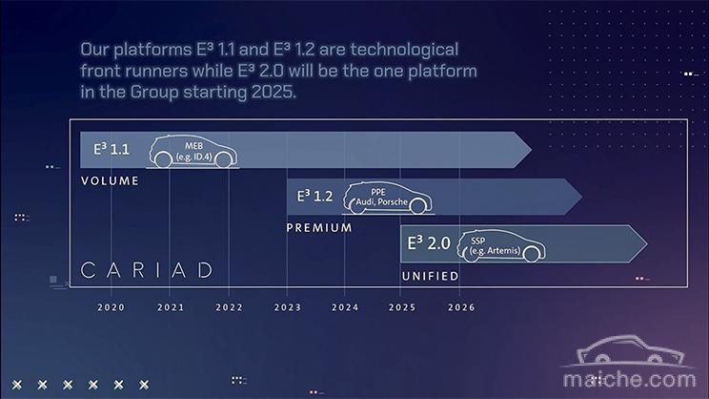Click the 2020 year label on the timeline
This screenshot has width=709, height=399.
(x=111, y=307)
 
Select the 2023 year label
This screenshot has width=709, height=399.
(x=288, y=307)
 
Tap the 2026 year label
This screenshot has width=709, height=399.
(x=461, y=307)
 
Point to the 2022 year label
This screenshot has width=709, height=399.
(x=230, y=307)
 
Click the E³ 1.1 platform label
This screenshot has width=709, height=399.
(x=111, y=149)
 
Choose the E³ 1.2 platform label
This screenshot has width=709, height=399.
(x=314, y=196)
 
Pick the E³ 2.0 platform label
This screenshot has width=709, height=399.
(x=429, y=243)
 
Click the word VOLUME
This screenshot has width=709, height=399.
(x=110, y=181)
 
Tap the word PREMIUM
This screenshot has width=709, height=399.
(x=319, y=228)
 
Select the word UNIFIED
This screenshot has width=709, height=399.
(x=430, y=276)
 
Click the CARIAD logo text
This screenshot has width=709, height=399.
(x=147, y=270)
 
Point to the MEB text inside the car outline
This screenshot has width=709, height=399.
(x=193, y=146)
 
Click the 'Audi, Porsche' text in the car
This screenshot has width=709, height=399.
(x=381, y=202)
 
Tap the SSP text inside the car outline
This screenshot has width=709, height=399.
(x=478, y=241)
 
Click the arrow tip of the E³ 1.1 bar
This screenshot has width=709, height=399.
(x=532, y=150)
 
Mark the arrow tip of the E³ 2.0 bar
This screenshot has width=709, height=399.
(x=647, y=243)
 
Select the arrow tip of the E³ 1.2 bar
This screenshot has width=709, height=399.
(x=582, y=197)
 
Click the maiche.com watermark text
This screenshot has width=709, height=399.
(x=629, y=379)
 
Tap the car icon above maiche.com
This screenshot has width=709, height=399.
(x=629, y=351)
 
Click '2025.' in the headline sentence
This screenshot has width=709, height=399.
(x=274, y=92)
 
